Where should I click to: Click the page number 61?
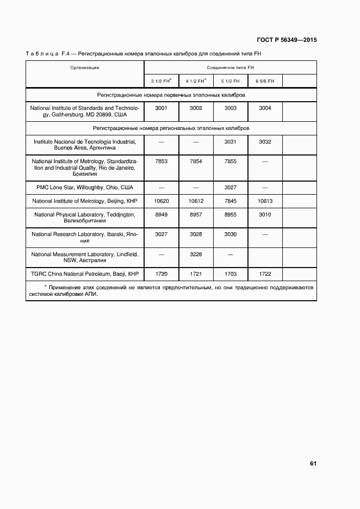(313, 464)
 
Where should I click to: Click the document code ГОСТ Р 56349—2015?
(287, 40)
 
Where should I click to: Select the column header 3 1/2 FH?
(161, 81)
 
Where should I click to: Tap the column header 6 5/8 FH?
(265, 81)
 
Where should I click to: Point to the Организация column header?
(84, 67)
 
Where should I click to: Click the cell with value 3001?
(161, 108)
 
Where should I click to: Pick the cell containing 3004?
(265, 108)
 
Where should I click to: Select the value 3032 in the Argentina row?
(265, 142)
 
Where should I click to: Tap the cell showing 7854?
(196, 162)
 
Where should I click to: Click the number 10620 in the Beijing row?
(161, 201)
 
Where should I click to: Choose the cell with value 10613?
(265, 201)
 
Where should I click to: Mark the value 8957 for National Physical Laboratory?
(196, 215)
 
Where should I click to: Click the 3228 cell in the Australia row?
(196, 254)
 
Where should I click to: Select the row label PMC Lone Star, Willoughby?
(84, 187)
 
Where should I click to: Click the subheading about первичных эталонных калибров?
(171, 95)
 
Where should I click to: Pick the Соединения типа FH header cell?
(230, 67)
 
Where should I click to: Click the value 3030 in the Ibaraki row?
(231, 234)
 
